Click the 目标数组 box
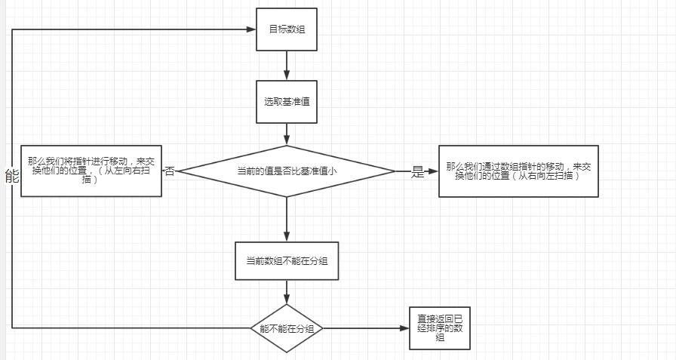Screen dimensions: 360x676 click(286, 29)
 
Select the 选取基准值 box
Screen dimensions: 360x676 click(286, 101)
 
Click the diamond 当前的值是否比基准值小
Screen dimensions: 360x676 click(287, 171)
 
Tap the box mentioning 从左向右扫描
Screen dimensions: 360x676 click(91, 171)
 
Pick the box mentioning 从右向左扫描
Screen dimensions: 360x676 click(518, 171)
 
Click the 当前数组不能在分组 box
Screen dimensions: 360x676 click(287, 260)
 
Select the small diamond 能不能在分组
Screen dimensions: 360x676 click(287, 328)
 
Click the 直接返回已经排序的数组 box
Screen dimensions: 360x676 click(439, 328)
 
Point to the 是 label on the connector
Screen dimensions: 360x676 click(418, 172)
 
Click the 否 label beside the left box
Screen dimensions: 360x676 click(170, 171)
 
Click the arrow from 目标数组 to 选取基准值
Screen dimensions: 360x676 click(287, 65)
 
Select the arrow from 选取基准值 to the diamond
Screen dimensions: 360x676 click(287, 134)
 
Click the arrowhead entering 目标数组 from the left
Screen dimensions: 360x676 click(250, 29)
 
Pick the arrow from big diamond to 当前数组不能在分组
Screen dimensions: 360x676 click(287, 219)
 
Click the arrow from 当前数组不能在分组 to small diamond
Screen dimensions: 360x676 click(287, 291)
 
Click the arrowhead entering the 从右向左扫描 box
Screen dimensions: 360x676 click(433, 171)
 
